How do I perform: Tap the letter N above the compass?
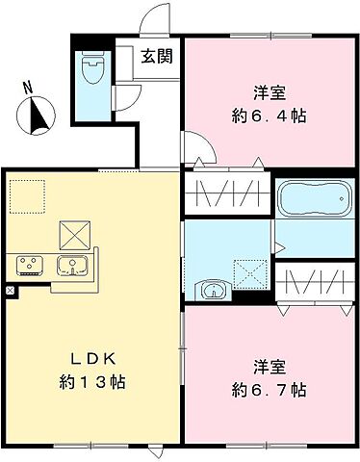(29, 89)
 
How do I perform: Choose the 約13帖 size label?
(91, 382)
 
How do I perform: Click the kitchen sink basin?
(71, 264)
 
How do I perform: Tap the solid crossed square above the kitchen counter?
(73, 233)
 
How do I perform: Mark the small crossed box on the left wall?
(10, 290)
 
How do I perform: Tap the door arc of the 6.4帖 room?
(200, 152)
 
